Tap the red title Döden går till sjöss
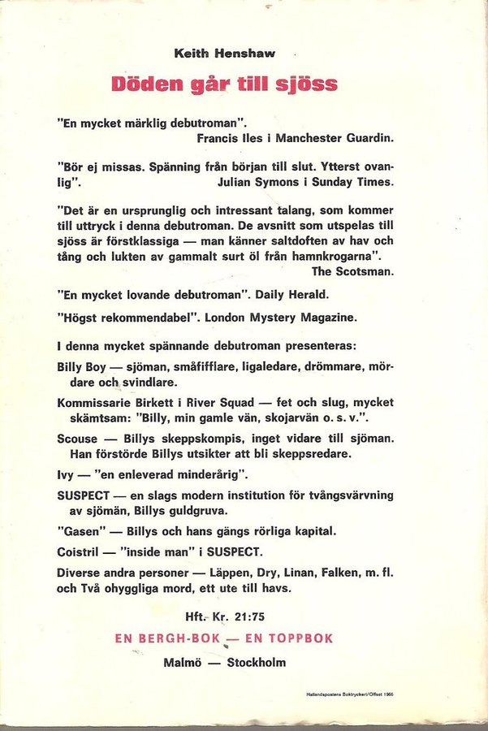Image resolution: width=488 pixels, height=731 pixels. [224, 84]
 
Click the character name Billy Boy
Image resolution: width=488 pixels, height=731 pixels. [82, 367]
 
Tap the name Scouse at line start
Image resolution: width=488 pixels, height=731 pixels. [77, 439]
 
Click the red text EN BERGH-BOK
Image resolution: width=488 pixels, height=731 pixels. [168, 638]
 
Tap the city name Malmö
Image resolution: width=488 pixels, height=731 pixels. [183, 662]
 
